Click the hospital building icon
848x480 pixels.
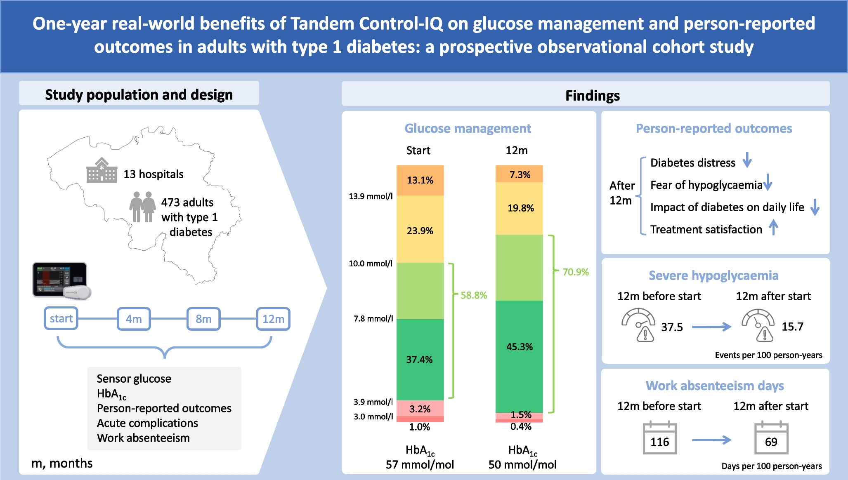point(101,170)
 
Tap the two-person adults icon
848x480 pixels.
point(142,207)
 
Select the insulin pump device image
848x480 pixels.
point(61,280)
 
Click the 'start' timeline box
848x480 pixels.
point(61,318)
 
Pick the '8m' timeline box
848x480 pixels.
point(203,319)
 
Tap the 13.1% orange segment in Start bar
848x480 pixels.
point(420,180)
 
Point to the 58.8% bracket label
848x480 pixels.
point(474,295)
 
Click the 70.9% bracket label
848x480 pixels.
point(575,272)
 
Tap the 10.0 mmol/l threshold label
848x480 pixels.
point(370,264)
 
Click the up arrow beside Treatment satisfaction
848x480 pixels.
point(773,228)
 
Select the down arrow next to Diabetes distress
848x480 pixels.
point(747,160)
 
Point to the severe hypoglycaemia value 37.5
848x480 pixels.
point(672,327)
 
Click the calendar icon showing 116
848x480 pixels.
point(659,438)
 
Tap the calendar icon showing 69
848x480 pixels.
point(771,438)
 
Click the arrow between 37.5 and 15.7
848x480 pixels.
point(711,327)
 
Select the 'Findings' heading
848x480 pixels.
point(592,96)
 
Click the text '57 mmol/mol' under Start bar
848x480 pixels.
point(420,465)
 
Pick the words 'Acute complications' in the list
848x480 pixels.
point(147,423)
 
